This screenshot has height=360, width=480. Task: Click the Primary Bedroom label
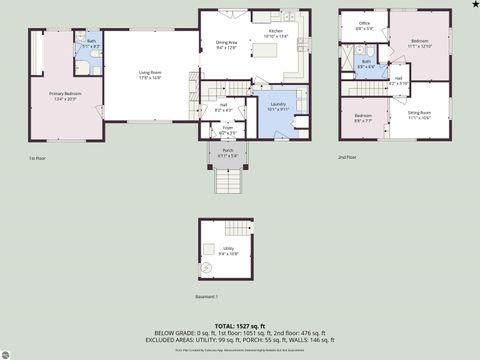point(65,96)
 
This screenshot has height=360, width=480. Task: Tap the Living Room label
point(150,74)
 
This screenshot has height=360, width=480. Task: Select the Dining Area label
point(226,45)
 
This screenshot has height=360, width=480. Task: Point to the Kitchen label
point(275,34)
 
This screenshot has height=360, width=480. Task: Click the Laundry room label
point(277,107)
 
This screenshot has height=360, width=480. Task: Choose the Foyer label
point(227,130)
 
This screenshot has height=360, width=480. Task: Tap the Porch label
point(227,153)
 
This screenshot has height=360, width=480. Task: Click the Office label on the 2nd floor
point(364,25)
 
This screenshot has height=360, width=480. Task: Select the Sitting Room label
point(420,115)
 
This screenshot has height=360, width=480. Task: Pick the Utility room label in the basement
point(228,251)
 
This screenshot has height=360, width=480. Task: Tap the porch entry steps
point(229,180)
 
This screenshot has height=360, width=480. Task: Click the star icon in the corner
point(474,5)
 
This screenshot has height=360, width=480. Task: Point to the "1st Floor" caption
point(37,158)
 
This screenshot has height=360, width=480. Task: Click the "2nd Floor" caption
point(346,158)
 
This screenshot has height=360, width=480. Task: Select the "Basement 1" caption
point(207,297)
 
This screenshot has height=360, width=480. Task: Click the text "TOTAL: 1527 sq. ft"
point(239,326)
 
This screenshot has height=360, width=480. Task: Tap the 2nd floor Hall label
point(398,81)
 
